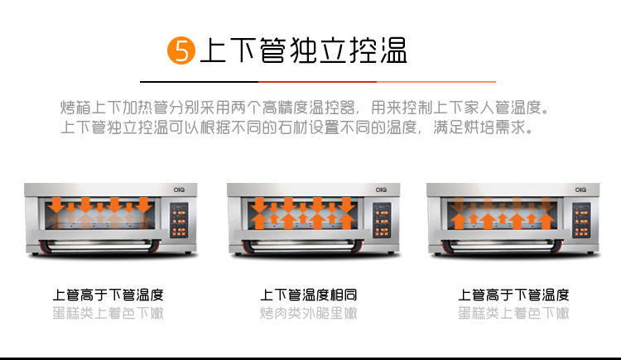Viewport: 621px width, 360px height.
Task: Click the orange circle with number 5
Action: (181, 50)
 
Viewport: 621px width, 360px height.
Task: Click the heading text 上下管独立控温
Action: (304, 50)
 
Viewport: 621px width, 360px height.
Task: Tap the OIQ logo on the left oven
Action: (179, 190)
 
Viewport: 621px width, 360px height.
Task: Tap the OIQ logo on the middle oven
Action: (381, 190)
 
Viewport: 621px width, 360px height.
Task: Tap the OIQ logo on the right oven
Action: (580, 190)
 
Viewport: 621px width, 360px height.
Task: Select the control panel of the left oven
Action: (179, 220)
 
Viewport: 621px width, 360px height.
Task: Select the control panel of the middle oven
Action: (382, 220)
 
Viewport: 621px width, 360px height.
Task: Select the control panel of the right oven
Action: (581, 220)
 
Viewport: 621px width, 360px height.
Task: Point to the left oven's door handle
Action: (100, 246)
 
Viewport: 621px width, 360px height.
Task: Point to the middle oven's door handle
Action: (302, 246)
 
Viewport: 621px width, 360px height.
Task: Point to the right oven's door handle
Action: (503, 246)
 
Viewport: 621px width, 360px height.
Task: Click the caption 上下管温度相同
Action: (309, 295)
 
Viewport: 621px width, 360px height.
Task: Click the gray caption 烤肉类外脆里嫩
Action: (309, 314)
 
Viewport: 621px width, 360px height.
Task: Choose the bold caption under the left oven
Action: (108, 295)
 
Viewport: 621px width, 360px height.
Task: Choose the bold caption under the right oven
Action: (513, 295)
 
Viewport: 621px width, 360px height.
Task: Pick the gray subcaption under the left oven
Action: (108, 314)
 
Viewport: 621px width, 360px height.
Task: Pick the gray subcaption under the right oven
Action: (513, 314)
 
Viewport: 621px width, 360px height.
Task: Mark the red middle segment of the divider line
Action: (318, 82)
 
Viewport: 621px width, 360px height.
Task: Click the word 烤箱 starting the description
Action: (75, 108)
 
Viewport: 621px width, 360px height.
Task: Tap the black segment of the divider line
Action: (200, 82)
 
